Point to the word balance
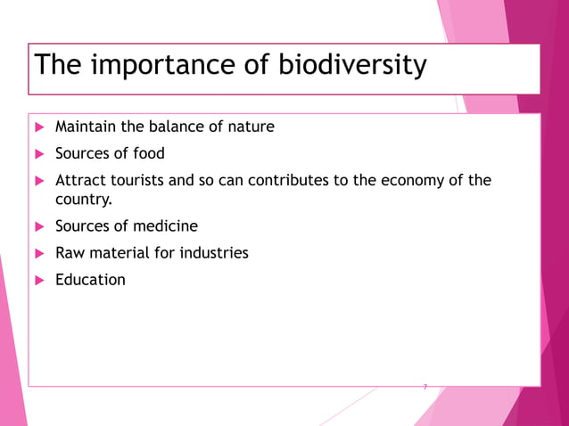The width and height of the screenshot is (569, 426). (x=182, y=127)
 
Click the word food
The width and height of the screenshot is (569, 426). (x=147, y=153)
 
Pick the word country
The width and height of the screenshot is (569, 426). (x=84, y=200)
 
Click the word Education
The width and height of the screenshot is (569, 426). (x=90, y=280)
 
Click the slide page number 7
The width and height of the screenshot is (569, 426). (x=425, y=388)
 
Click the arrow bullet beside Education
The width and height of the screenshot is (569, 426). (x=39, y=280)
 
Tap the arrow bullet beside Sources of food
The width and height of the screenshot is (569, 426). (x=39, y=153)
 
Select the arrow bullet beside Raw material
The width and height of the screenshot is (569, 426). (x=39, y=253)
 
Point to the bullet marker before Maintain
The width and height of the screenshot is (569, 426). (x=39, y=127)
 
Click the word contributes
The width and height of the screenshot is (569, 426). (x=291, y=180)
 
